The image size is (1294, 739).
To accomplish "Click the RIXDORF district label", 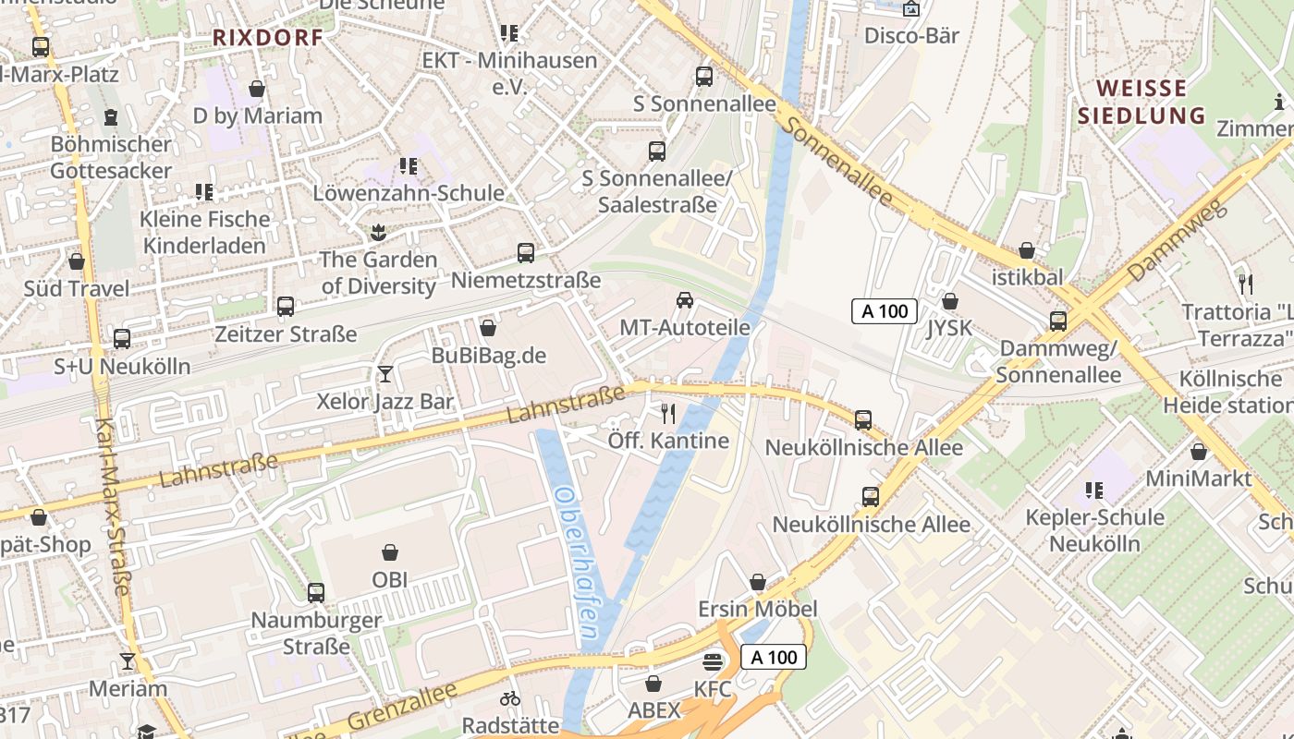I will [268, 38].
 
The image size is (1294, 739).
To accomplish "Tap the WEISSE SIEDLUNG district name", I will [1141, 102].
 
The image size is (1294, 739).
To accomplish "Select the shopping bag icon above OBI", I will [390, 552].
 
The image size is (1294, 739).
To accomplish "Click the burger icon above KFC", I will [712, 661].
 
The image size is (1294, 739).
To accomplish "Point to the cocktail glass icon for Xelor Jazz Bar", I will [385, 374].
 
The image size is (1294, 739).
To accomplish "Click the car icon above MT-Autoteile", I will [685, 299].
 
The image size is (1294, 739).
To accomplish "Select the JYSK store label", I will [949, 328].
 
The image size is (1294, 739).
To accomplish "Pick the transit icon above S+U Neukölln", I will [122, 339].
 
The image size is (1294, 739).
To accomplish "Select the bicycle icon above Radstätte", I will [509, 697].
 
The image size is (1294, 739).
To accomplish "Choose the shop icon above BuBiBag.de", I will [488, 328].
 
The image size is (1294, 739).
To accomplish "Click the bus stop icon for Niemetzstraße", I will [526, 252].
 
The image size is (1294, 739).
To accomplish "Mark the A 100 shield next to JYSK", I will [884, 311].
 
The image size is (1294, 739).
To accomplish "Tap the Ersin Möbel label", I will [757, 609].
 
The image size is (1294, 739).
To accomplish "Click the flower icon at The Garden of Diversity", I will [377, 231].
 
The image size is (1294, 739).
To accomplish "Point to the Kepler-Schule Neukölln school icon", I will [1094, 490].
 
